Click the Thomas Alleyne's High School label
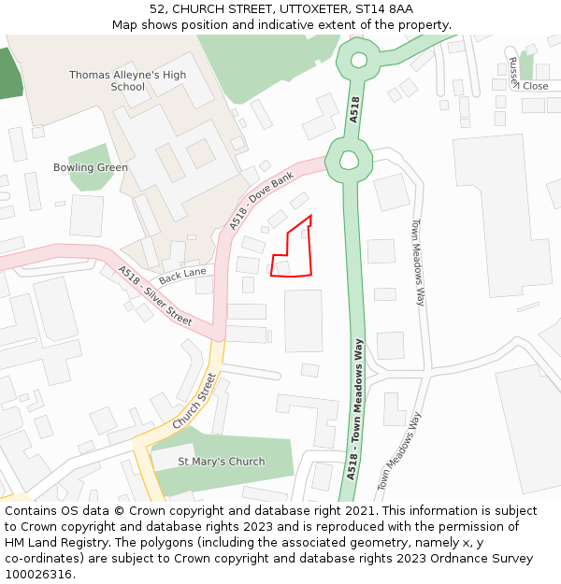(127, 80)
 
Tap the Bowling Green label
(91, 168)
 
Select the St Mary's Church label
(221, 462)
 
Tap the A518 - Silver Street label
(155, 296)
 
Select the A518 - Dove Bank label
(262, 200)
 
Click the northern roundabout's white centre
(358, 61)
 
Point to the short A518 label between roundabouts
(353, 110)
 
